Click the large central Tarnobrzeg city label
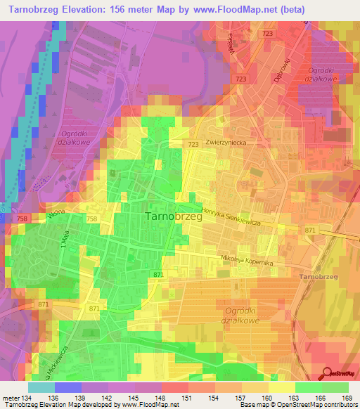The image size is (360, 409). click(x=173, y=217)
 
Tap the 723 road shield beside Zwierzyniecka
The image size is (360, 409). click(x=193, y=143)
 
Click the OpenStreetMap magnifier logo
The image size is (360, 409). click(x=328, y=372)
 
